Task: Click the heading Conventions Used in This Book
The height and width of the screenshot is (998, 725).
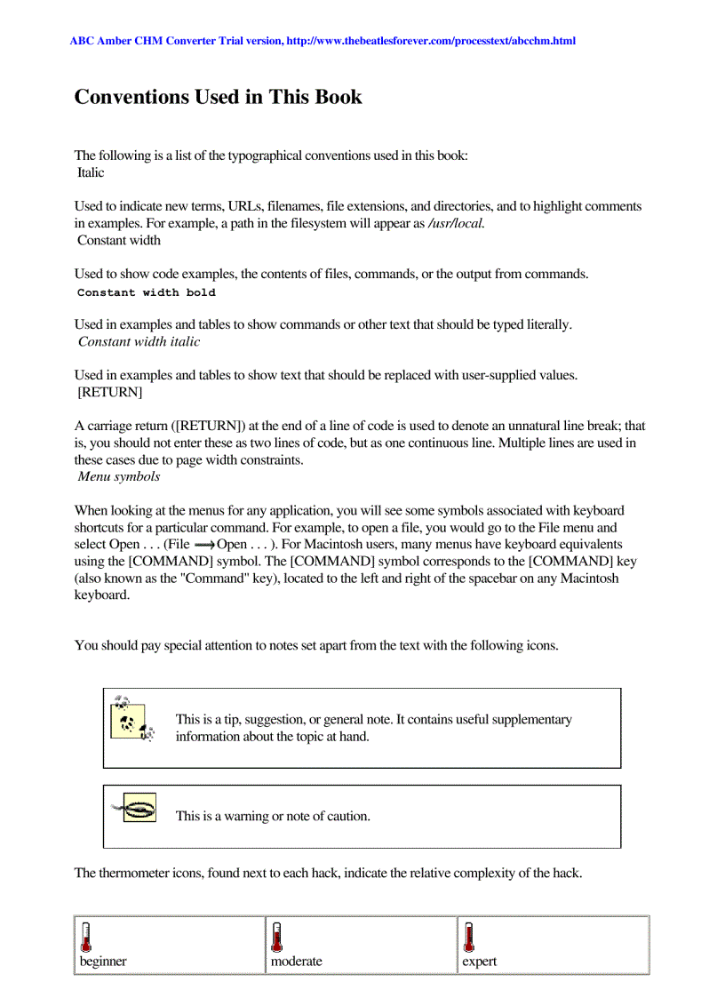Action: pos(218,97)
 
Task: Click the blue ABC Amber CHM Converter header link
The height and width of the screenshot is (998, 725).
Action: pos(323,41)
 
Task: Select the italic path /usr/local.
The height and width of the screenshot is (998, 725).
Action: pos(457,223)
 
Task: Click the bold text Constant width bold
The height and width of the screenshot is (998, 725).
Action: pos(146,292)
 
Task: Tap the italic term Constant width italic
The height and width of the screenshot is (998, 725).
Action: pos(139,341)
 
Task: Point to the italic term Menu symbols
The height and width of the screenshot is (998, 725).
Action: pos(119,476)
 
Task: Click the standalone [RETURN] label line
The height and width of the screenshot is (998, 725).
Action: pos(110,392)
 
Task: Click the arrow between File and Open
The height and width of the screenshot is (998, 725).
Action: pos(204,544)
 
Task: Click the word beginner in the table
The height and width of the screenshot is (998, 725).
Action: pos(103,962)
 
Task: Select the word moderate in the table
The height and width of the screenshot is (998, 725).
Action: pos(296,962)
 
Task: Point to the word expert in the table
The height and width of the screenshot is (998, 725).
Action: pos(479,962)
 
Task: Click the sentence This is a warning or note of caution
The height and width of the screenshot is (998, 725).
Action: pos(273,816)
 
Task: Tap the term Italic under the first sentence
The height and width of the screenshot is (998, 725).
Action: pos(91,172)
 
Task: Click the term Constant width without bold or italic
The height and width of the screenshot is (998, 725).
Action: pos(119,240)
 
